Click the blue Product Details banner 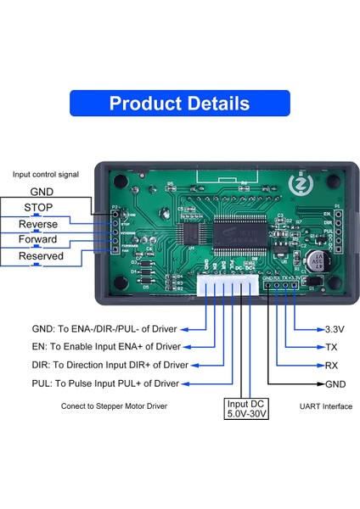tap(179, 103)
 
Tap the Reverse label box tap(38, 224)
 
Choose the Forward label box tap(38, 240)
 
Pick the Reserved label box tap(38, 256)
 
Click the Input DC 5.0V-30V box tap(247, 409)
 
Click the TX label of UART tap(332, 347)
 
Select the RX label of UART tap(332, 366)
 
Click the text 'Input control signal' tap(46, 174)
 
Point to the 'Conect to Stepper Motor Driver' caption tap(113, 406)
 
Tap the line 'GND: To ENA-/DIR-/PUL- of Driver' tap(110, 327)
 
